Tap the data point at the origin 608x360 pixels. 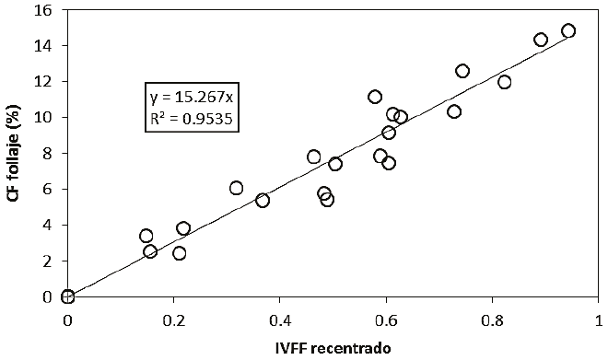[67, 296]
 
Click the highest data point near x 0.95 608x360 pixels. [568, 30]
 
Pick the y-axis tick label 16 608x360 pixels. [44, 9]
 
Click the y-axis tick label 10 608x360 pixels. [44, 117]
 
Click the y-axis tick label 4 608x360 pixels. [48, 225]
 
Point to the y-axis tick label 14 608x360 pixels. [44, 45]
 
